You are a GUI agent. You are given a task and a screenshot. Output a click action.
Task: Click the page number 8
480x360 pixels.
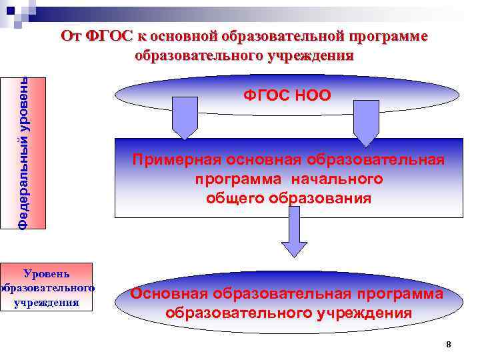[448, 344]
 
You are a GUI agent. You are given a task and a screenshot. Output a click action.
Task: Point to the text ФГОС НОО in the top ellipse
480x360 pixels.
[287, 95]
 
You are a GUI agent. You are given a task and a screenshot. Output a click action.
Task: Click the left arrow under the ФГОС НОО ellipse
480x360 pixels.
[185, 118]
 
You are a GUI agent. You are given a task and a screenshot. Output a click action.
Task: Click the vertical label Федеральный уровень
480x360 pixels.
[23, 153]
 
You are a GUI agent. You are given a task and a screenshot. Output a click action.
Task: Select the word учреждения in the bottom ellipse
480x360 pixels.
[363, 313]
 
